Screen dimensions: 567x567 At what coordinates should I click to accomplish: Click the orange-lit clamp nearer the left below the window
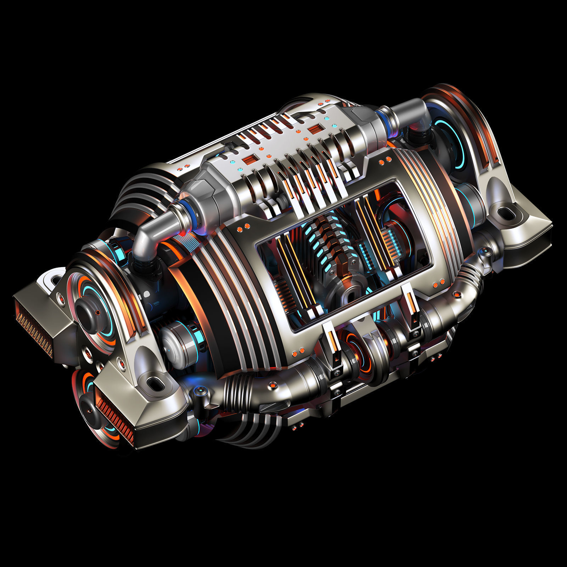333,346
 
